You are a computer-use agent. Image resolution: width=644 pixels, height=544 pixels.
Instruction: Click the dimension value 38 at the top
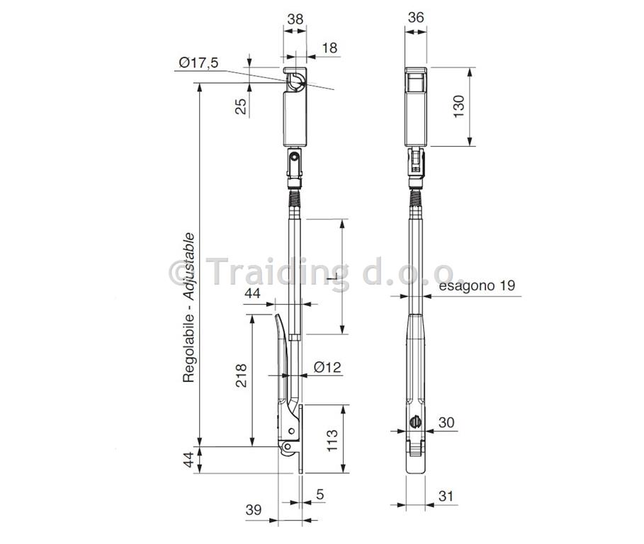coord(295,19)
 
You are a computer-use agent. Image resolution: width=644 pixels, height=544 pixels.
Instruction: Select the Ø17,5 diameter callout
coord(198,63)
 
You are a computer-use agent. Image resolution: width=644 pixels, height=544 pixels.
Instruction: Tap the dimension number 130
coord(458,106)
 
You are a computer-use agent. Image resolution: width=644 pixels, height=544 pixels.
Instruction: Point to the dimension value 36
coord(416,17)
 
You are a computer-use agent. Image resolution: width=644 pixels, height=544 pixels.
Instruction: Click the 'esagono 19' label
coord(477,285)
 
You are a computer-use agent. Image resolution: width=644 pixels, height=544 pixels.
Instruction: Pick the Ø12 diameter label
coord(327,367)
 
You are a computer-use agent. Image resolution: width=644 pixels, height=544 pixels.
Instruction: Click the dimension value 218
coord(241,375)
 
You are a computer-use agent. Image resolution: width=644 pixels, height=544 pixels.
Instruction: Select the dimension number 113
coord(332,440)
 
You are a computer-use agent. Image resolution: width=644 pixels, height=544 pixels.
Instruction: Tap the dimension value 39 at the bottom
coord(254,509)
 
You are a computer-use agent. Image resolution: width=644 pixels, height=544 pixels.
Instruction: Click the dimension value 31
coord(446,496)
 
